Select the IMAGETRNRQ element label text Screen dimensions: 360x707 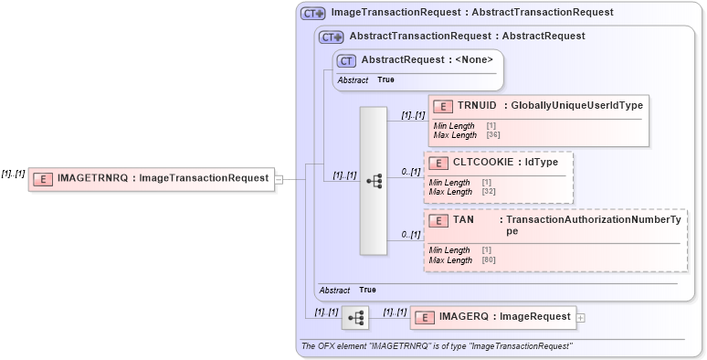pos(164,179)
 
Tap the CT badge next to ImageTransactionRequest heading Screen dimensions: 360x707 pos(313,14)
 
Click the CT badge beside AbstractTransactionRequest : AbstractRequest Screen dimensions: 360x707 pos(331,37)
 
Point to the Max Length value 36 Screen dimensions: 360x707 pos(493,135)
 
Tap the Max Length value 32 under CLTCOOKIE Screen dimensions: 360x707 pos(489,192)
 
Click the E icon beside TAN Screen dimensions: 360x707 pos(438,221)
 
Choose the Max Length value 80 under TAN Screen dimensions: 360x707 pos(489,260)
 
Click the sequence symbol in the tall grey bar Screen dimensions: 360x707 pos(374,181)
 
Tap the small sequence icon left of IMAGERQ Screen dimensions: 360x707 pos(355,318)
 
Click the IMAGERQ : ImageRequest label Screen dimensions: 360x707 pos(504,317)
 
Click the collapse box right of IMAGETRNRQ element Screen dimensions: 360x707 pos(280,179)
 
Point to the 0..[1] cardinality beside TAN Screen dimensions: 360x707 pos(411,236)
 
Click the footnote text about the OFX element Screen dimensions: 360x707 pos(437,346)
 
